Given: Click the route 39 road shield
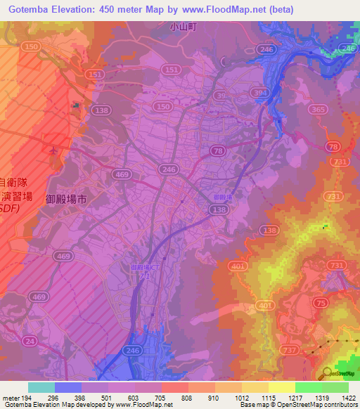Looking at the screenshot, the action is (x=220, y=95).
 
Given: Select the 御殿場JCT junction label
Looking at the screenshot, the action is (x=146, y=267).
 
